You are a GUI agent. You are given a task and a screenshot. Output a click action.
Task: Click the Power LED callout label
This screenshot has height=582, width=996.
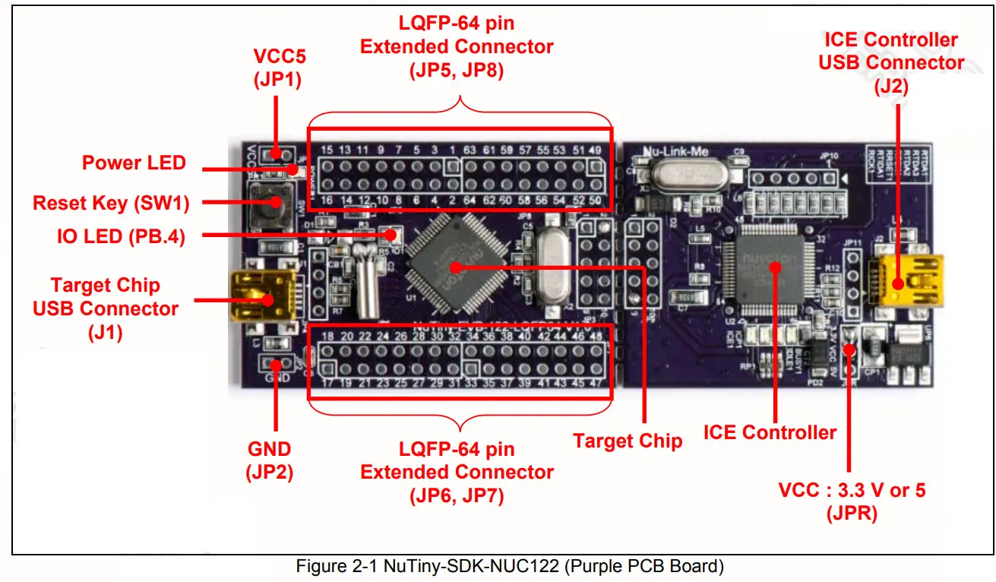tap(134, 163)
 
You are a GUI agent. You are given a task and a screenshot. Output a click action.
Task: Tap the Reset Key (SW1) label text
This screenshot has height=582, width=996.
tap(111, 203)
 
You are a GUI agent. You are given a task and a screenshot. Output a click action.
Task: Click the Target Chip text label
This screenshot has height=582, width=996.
tap(627, 441)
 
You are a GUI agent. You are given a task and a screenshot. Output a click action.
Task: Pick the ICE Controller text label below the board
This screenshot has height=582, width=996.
tap(770, 432)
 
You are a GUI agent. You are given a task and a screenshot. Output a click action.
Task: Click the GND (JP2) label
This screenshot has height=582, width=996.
tap(269, 460)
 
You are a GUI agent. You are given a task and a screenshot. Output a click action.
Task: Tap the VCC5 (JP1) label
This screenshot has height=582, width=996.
tap(277, 68)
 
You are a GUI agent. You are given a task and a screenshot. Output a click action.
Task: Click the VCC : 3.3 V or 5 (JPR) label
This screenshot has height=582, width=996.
tap(852, 501)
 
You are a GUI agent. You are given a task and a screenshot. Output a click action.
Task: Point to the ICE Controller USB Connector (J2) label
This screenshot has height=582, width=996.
tap(890, 62)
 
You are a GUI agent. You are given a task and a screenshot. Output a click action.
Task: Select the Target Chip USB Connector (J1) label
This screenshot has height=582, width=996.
tap(106, 308)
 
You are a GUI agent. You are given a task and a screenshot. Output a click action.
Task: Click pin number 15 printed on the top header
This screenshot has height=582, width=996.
tap(327, 150)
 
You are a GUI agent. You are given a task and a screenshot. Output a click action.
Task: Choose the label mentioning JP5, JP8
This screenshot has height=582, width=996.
tap(457, 46)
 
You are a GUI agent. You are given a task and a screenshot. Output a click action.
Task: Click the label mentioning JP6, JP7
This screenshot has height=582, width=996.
tap(457, 472)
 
